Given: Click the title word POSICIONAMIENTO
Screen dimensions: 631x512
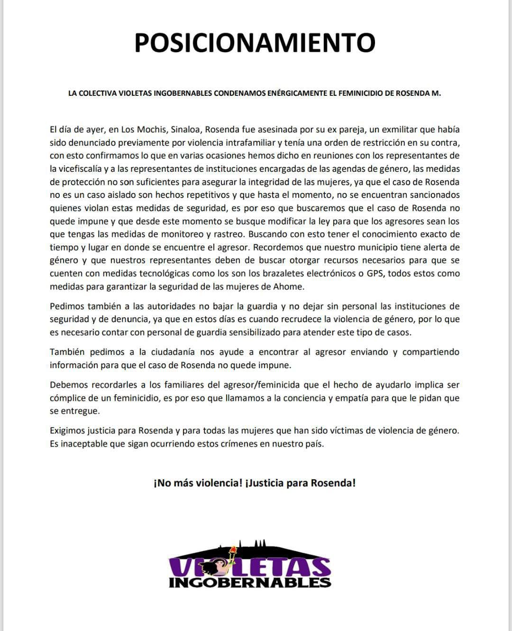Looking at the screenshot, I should tap(255, 43).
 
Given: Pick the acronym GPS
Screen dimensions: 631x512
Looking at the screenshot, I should tap(375, 273).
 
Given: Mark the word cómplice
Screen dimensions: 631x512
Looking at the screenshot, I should tap(67, 398).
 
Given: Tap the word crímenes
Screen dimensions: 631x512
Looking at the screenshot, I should tap(226, 444).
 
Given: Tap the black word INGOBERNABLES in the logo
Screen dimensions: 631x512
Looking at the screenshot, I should tap(250, 582).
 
